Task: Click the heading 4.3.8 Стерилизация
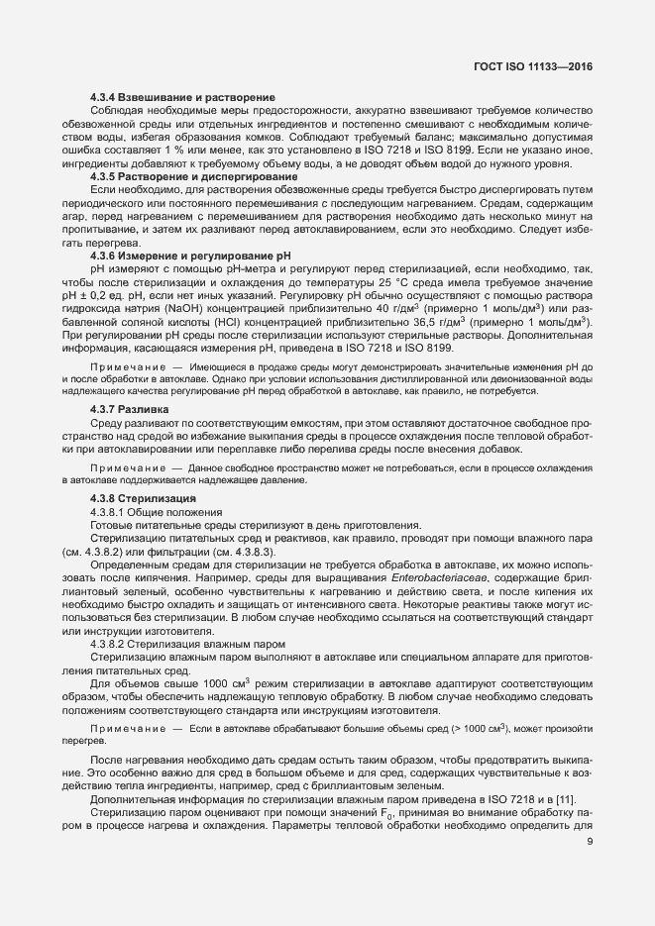tap(143, 497)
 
